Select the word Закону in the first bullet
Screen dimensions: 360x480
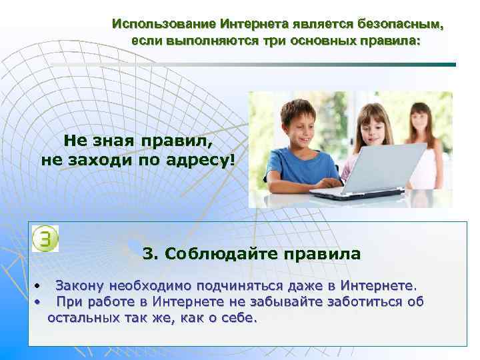[79, 286]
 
